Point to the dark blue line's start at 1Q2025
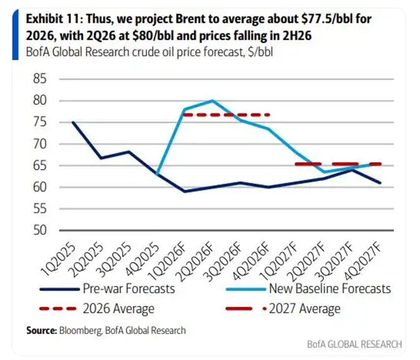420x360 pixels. pyautogui.click(x=73, y=122)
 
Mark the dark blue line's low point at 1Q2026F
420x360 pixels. pyautogui.click(x=185, y=191)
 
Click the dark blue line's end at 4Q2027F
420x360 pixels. pyautogui.click(x=380, y=183)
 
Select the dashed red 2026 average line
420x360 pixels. pyautogui.click(x=226, y=115)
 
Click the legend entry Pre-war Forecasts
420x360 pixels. pyautogui.click(x=129, y=288)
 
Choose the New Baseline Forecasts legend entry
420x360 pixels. pyautogui.click(x=329, y=288)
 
